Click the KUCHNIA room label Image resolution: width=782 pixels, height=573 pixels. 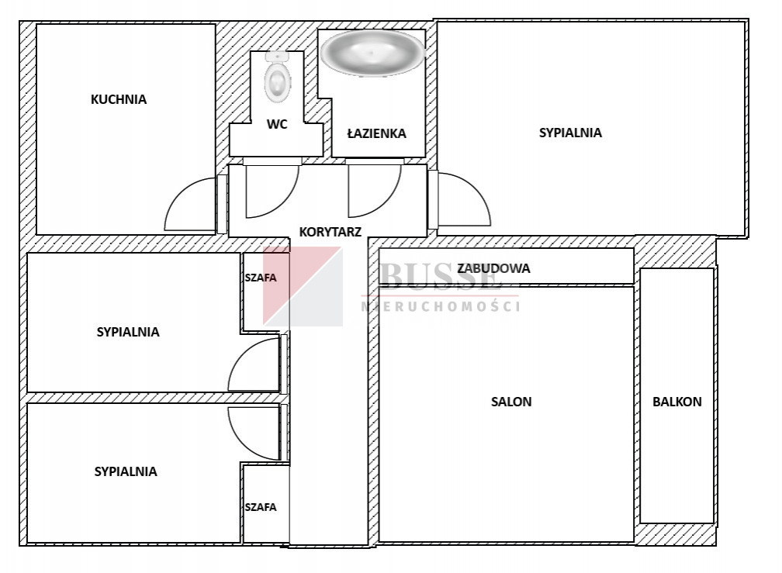coord(119,100)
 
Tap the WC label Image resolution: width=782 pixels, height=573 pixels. coord(277,124)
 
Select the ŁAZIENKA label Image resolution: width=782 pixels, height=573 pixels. coord(376,133)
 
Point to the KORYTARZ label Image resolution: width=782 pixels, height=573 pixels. coord(330,232)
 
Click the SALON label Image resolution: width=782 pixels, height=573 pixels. coord(511,402)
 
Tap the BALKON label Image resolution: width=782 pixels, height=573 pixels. coord(677,402)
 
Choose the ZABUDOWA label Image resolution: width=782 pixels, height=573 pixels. coord(493,268)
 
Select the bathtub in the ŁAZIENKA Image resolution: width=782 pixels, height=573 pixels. coord(372,53)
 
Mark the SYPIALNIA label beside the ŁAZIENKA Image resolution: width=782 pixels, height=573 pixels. coord(570,133)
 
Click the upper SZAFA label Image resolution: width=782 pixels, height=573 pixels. coord(261,278)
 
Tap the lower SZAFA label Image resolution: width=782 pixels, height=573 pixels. coord(261,507)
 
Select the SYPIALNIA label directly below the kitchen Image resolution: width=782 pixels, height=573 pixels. coord(128,332)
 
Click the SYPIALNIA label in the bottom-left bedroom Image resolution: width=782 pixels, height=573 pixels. coord(126,471)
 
